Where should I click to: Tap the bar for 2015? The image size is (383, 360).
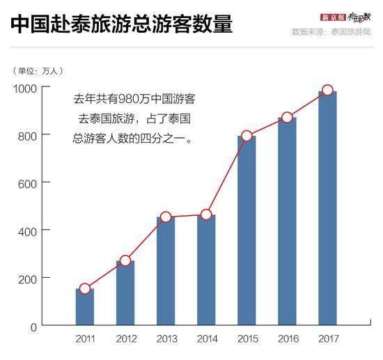247,230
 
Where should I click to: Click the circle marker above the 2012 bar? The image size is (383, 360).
125,260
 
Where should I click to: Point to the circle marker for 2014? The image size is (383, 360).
206,214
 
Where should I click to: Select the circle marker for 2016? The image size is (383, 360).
287,117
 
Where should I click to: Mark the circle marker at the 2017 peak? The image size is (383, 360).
327,91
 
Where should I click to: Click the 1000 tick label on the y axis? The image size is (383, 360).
26,88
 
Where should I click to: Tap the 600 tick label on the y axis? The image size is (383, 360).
29,183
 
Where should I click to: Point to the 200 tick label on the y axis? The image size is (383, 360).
29,278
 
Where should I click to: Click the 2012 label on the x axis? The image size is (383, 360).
125,338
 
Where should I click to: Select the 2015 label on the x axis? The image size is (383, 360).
247,338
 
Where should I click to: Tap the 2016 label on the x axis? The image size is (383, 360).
287,338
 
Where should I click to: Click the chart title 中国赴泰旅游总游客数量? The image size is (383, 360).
121,25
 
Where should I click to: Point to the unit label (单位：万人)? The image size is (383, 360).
40,70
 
